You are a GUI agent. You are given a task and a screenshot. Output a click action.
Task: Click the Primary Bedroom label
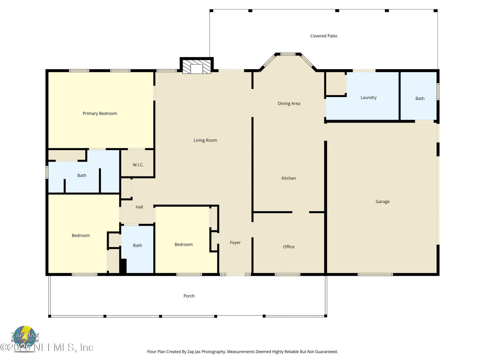100,113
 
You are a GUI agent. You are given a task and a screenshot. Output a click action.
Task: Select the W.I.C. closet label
138,165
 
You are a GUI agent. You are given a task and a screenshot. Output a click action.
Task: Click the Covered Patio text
324,36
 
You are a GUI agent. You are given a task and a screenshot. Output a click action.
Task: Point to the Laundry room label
368,98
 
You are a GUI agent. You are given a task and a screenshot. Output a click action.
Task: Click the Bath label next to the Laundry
420,99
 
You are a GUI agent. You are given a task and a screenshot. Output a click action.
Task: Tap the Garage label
382,201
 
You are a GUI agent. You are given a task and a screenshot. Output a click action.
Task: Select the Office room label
288,247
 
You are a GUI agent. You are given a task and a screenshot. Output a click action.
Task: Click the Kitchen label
288,178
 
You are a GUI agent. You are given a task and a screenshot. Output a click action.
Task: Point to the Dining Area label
289,103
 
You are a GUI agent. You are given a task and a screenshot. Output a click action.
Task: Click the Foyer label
235,243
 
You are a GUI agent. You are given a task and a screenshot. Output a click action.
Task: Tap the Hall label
139,207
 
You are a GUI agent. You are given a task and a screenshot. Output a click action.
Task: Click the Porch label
189,296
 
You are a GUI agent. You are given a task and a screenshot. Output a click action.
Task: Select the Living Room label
205,140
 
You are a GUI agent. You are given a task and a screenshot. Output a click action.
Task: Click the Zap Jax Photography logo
25,337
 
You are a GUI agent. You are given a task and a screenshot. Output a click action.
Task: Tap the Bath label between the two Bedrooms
137,245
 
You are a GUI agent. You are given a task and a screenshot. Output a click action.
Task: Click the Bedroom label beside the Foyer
183,244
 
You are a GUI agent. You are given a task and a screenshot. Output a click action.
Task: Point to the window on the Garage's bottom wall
375,274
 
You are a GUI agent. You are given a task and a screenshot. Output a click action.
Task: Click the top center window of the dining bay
288,54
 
